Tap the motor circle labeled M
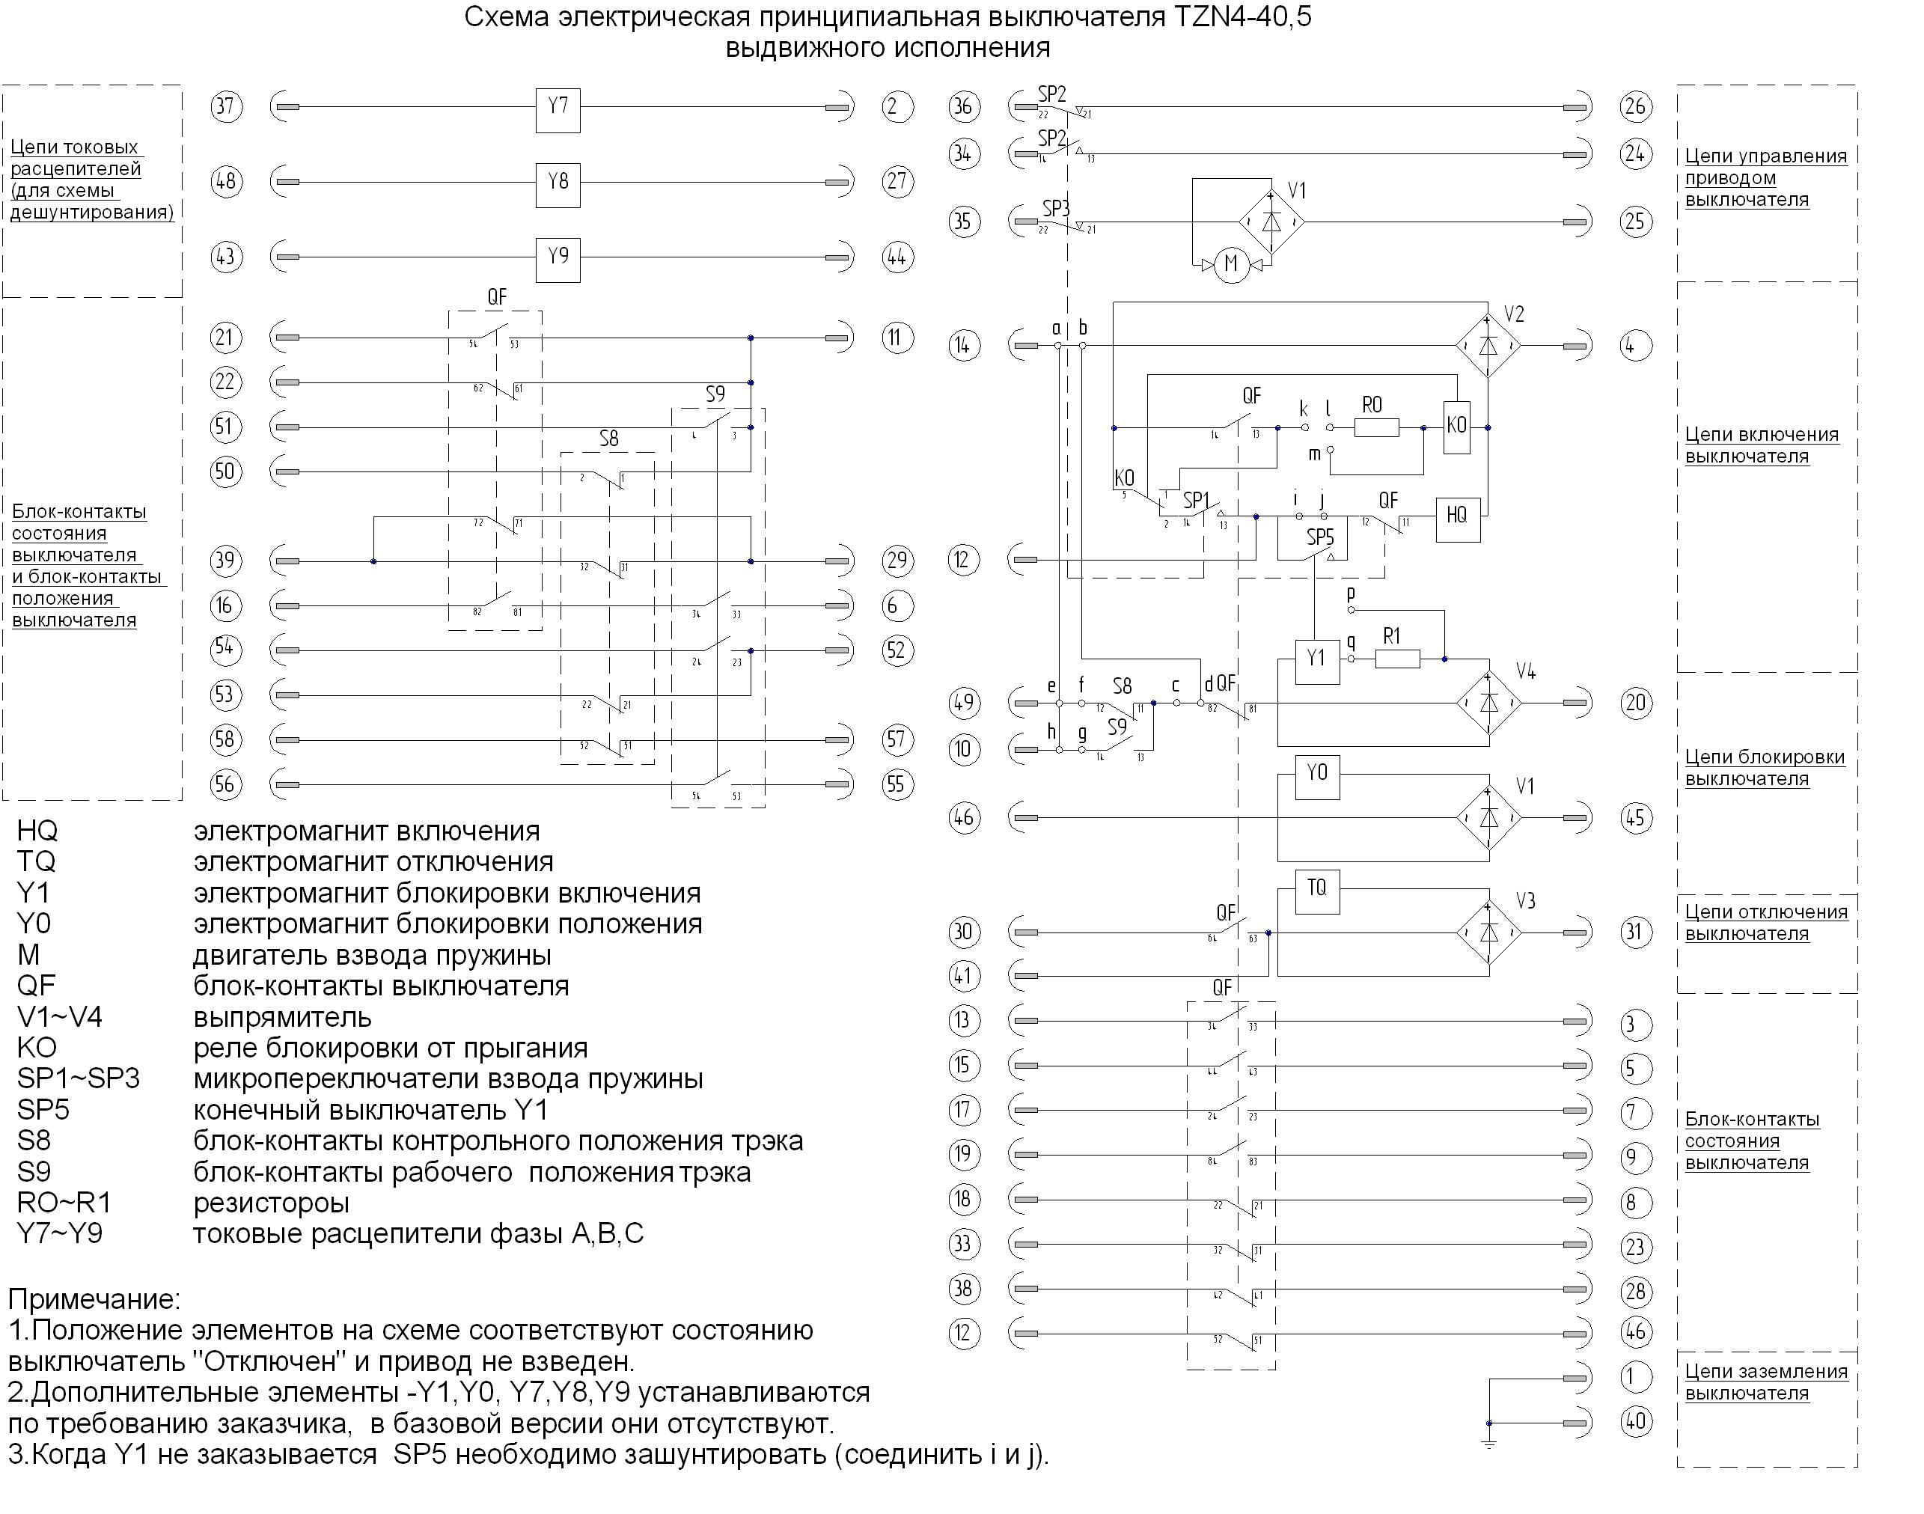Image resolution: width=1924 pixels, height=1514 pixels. click(x=1230, y=264)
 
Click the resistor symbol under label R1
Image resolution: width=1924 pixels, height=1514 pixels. click(x=1396, y=659)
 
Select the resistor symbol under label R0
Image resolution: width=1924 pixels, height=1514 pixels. click(x=1376, y=428)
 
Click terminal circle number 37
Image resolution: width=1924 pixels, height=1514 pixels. click(x=226, y=107)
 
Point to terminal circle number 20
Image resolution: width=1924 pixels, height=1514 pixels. click(x=1636, y=703)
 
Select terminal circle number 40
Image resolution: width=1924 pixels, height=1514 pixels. click(x=1635, y=1423)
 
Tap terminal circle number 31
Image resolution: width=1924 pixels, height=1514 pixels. click(x=1636, y=932)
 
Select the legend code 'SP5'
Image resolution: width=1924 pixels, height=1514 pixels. click(x=43, y=1110)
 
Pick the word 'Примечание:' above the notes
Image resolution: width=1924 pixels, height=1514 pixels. click(x=94, y=1299)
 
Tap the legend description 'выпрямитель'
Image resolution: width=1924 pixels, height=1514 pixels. click(x=282, y=1017)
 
